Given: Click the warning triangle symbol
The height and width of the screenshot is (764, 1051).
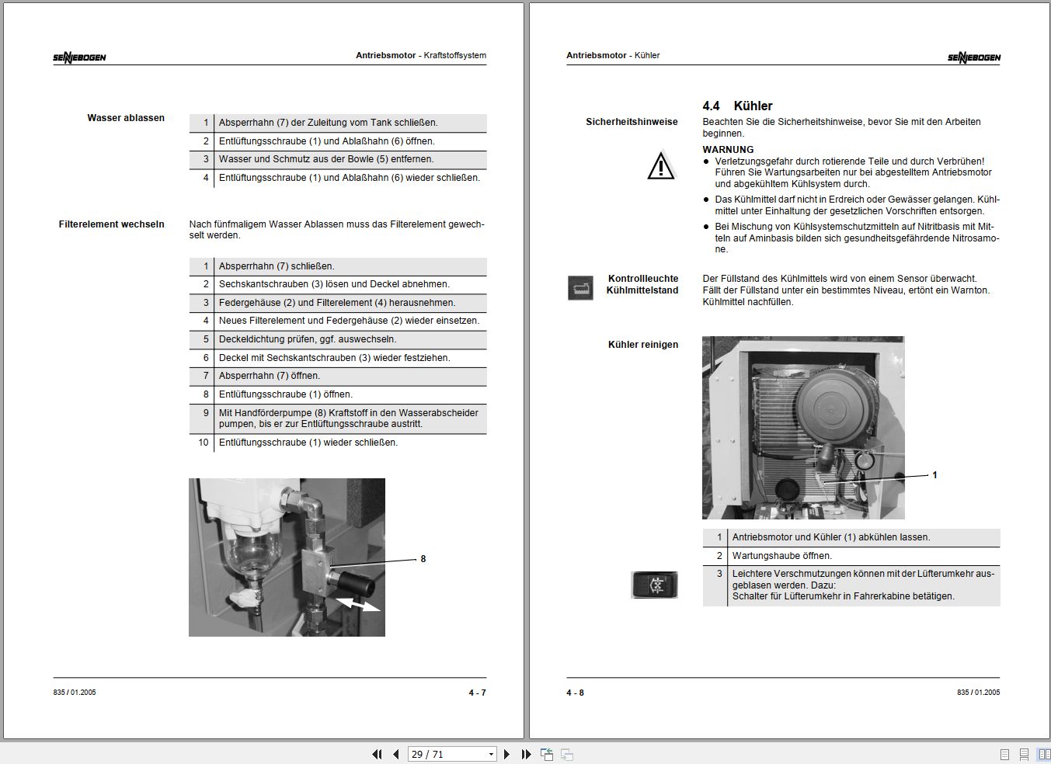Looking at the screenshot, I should coord(661,165).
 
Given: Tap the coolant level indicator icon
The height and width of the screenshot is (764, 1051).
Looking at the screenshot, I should coord(580,288).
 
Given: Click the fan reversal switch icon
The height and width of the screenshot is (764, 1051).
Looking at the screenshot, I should coord(654,585).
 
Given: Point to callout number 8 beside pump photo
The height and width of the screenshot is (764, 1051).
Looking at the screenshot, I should coord(423,559).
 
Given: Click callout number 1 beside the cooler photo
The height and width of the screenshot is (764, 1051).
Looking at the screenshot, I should coord(934,475).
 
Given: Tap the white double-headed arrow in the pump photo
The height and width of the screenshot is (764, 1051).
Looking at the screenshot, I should coord(358,604).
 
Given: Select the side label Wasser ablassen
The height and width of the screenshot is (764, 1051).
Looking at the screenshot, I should coord(126,118).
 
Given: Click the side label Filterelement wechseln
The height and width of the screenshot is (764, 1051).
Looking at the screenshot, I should coord(111,224).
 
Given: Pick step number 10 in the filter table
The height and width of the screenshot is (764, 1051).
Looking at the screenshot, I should coord(204,443).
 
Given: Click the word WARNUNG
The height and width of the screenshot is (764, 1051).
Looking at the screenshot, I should coord(728,150).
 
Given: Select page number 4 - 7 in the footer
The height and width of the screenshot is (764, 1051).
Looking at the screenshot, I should coord(477,693).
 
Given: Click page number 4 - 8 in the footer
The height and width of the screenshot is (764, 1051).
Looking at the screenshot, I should coord(575,693).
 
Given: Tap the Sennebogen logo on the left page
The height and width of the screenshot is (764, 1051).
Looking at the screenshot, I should coord(79,57).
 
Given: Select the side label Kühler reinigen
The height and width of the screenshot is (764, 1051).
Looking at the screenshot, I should coord(642,345).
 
